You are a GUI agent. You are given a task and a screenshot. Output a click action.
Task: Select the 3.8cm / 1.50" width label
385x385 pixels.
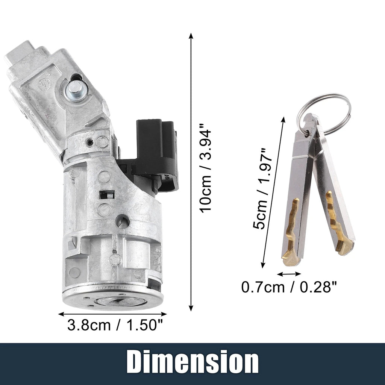tap(115, 325)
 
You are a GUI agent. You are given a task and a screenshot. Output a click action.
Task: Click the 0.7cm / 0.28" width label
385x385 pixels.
tap(289, 287)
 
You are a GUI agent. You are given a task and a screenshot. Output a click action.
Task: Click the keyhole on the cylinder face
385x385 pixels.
tap(115, 300)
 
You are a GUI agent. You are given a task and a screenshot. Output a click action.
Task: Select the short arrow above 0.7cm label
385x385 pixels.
tap(289, 274)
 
